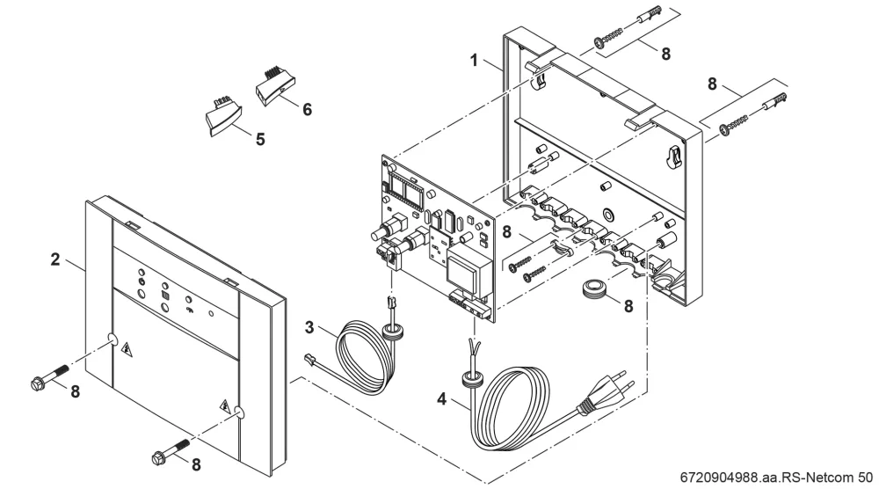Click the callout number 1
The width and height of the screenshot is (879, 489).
click(x=475, y=60)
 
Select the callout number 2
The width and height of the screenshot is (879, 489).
click(x=54, y=259)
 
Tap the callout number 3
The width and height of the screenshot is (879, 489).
click(x=309, y=327)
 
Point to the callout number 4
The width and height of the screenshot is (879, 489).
click(x=442, y=399)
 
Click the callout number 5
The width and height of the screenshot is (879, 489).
click(x=260, y=140)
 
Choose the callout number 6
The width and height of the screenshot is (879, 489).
click(x=307, y=109)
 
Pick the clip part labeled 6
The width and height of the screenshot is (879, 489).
click(x=274, y=87)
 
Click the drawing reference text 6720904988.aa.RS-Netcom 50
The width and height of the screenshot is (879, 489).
click(x=776, y=478)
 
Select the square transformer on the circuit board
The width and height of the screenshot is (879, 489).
click(x=464, y=267)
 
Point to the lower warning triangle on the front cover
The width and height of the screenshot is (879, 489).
click(x=226, y=406)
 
